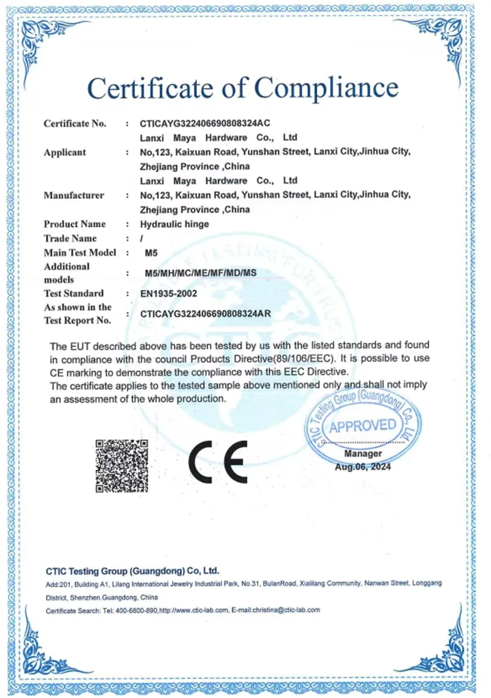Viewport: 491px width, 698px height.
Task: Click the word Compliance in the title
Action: click(327, 87)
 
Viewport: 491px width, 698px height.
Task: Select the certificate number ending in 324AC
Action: click(205, 123)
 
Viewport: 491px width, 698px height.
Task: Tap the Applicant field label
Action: click(64, 152)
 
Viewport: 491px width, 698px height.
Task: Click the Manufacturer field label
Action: click(74, 195)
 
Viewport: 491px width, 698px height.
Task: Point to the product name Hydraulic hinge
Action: click(174, 224)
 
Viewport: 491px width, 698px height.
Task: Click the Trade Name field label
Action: click(70, 238)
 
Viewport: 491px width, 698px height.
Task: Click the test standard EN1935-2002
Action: click(169, 293)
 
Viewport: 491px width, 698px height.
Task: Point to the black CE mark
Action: click(217, 462)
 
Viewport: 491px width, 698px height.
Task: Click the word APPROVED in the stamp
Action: click(363, 425)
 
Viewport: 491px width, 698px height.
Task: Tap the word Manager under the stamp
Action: click(363, 454)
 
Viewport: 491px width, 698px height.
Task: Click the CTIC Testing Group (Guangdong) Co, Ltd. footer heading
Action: click(133, 570)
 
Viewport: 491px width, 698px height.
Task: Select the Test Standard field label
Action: click(74, 293)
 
